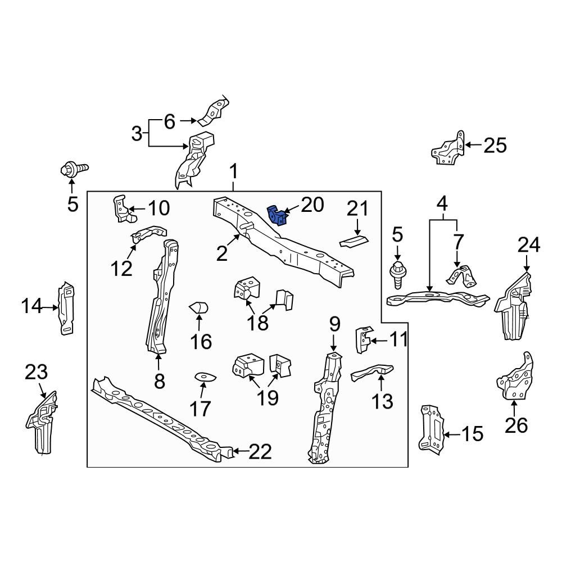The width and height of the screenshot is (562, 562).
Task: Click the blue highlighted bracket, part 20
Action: point(277,215)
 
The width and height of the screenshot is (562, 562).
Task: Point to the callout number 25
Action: point(495,146)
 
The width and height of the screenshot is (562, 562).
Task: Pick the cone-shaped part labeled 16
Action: point(199,308)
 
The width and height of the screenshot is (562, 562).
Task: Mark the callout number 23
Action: point(37,372)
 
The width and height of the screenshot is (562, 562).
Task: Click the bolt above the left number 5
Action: point(73,168)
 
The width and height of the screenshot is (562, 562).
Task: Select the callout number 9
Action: point(334,324)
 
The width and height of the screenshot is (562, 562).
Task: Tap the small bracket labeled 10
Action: point(123,209)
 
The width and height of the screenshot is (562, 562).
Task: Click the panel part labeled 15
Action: point(432,428)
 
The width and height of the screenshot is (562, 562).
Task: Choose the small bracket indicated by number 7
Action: point(460,277)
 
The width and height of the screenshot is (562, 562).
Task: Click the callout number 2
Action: point(223,254)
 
